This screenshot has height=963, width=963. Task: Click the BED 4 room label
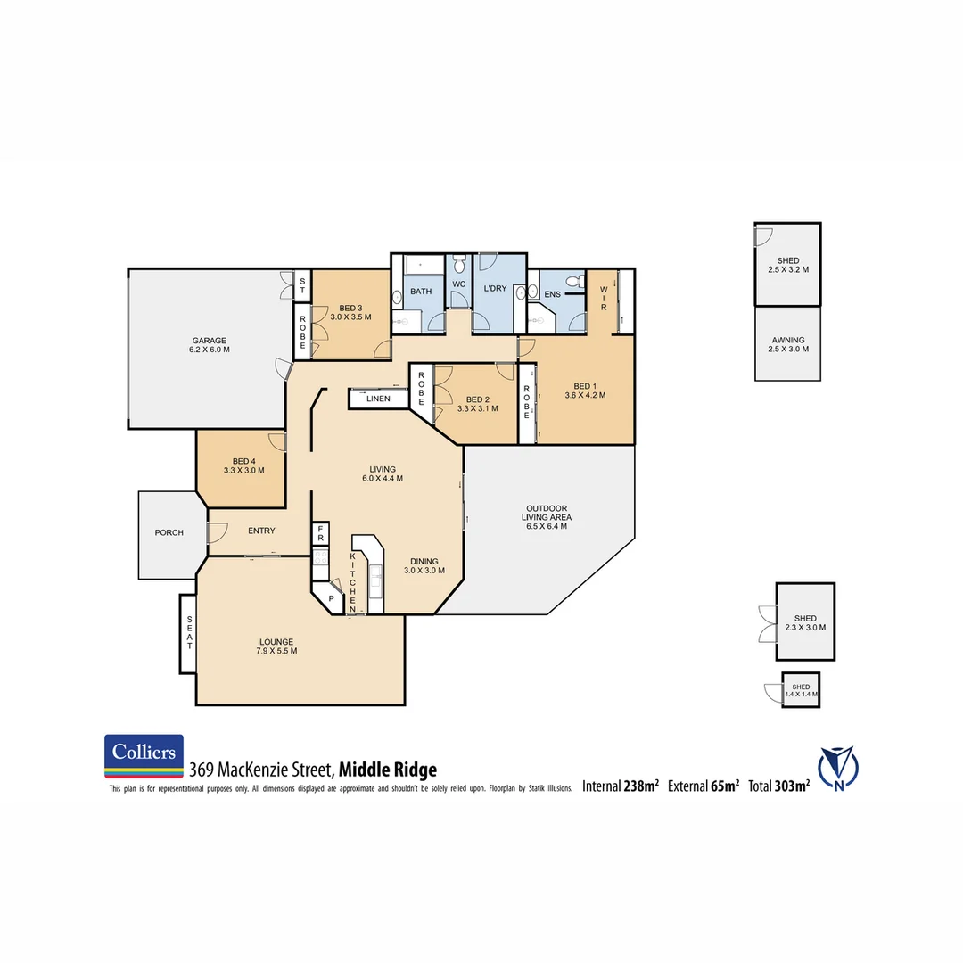pyautogui.click(x=243, y=465)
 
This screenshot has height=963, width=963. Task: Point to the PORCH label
pyautogui.click(x=169, y=532)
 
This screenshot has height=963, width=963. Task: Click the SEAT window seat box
pyautogui.click(x=188, y=634)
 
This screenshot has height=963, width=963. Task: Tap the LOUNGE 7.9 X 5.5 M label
pyautogui.click(x=276, y=646)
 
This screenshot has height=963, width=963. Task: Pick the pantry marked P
pyautogui.click(x=329, y=599)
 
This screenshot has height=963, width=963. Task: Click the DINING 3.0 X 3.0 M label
pyautogui.click(x=424, y=565)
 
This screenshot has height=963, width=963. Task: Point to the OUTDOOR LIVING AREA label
pyautogui.click(x=547, y=517)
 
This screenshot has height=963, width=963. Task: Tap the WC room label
pyautogui.click(x=458, y=284)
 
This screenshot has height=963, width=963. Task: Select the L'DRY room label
pyautogui.click(x=495, y=288)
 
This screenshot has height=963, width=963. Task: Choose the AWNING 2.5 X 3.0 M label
pyautogui.click(x=787, y=344)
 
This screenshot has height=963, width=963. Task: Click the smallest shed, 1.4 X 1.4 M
pyautogui.click(x=801, y=690)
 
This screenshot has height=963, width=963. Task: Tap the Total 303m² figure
pyautogui.click(x=778, y=786)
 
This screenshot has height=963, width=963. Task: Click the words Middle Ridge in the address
pyautogui.click(x=388, y=770)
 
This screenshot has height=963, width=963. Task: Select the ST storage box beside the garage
pyautogui.click(x=302, y=285)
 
